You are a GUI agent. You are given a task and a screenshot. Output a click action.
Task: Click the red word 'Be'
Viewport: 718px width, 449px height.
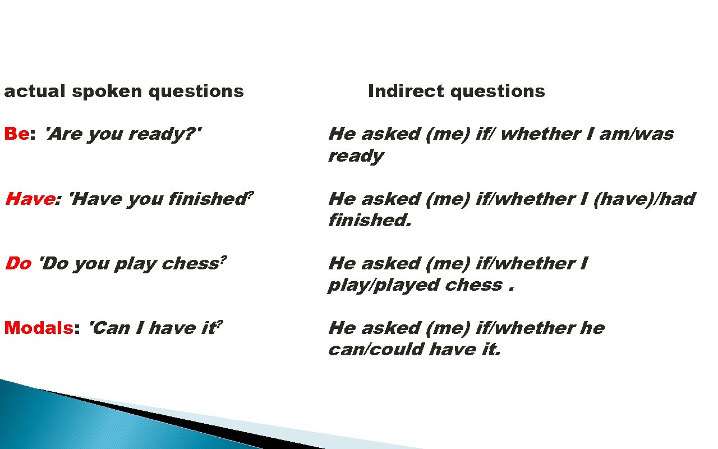(x=16, y=134)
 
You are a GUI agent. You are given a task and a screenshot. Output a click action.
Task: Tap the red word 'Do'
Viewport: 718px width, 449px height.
(x=17, y=263)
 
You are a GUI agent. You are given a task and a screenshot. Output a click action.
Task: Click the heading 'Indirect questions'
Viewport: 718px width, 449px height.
(x=456, y=91)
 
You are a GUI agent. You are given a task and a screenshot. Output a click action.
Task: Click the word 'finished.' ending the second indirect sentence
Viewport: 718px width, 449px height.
(x=370, y=221)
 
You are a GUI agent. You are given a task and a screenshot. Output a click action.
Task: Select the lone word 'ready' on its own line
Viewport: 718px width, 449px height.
(x=356, y=156)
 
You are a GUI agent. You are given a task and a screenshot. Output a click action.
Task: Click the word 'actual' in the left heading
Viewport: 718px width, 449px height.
(x=34, y=91)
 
